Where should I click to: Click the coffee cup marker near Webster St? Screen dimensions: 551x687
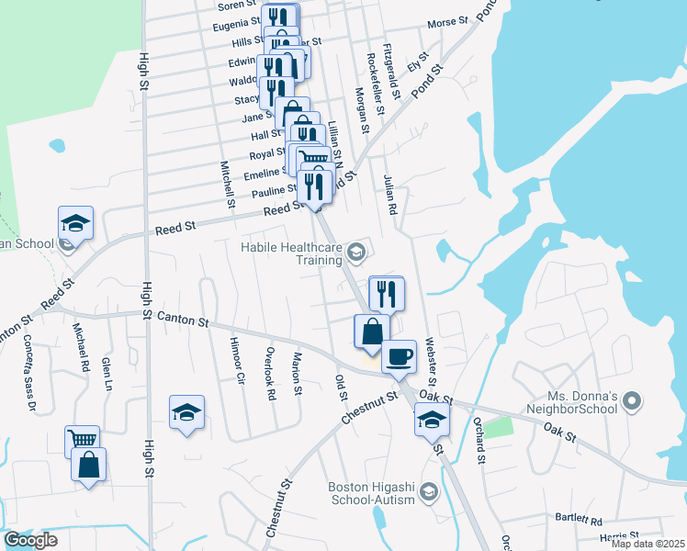coord(399,354)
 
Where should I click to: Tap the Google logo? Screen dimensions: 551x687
coord(31,540)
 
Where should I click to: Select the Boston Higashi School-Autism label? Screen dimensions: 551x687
coord(371,493)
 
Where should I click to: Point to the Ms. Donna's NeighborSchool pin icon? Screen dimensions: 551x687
coord(631,401)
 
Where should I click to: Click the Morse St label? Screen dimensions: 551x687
coord(448,20)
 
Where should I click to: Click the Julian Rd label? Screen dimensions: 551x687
coord(390,196)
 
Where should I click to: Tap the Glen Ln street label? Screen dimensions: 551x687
coord(107,374)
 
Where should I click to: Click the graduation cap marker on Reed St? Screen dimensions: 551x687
coord(76,222)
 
